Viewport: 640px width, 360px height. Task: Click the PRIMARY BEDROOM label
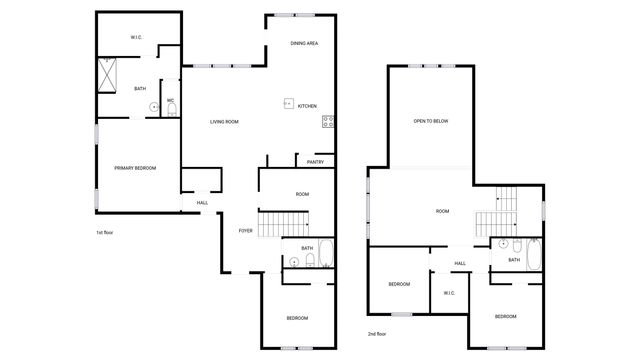point(135,168)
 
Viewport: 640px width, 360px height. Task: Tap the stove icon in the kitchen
point(327,122)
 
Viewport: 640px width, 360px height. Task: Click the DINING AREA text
point(304,44)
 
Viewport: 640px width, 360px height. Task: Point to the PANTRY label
point(315,161)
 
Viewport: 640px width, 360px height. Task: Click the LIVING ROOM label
point(224,122)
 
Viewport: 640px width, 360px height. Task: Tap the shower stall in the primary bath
point(107,73)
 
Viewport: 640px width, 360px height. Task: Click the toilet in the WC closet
point(171,110)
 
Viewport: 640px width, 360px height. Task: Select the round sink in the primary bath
point(154,107)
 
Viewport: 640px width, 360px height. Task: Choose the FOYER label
point(245,231)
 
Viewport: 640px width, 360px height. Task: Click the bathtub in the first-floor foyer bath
point(326,253)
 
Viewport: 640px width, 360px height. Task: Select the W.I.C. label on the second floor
point(449,293)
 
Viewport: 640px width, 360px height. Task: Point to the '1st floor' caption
point(106,233)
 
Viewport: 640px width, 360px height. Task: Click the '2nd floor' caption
point(378,333)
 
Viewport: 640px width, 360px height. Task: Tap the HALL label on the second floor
point(460,264)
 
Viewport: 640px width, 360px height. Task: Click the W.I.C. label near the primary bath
point(136,38)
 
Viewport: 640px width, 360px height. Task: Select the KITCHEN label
point(307,106)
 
